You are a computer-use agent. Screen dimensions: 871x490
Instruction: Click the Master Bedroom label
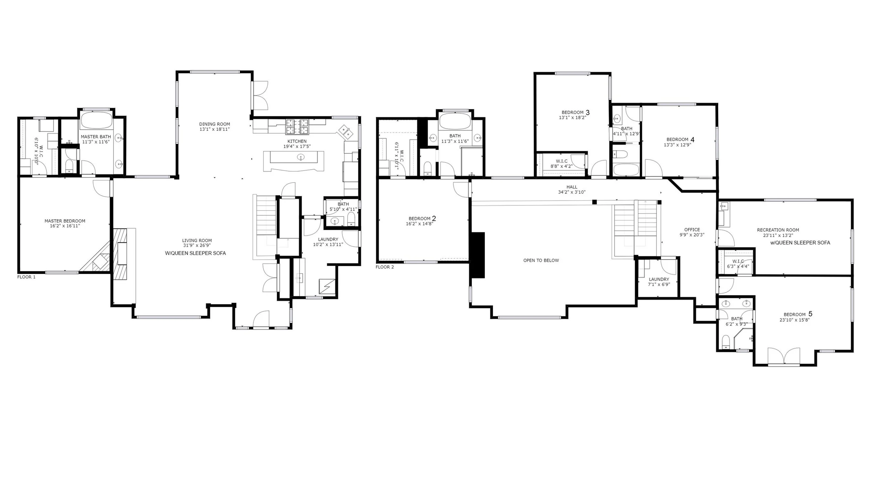65,221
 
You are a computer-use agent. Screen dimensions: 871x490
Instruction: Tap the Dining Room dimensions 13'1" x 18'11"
215,129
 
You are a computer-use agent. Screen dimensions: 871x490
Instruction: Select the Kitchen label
297,141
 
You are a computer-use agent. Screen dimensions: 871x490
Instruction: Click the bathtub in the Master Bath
97,121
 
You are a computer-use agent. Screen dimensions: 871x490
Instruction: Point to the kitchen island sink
301,157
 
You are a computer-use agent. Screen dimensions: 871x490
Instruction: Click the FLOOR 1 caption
26,277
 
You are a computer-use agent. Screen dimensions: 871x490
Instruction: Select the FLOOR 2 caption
385,267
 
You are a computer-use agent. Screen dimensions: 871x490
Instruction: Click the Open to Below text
541,260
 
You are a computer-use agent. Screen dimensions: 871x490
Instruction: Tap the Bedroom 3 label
575,112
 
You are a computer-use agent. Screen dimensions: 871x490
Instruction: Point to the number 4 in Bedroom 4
693,139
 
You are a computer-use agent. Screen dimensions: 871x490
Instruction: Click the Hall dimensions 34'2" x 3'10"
572,192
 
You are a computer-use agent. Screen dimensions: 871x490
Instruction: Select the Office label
692,230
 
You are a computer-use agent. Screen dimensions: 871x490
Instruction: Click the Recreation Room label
778,230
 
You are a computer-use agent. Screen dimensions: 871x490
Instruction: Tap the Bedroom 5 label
798,314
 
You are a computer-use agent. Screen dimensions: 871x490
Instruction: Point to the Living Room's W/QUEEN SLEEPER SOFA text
196,253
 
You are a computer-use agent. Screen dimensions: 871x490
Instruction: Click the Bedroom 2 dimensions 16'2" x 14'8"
419,224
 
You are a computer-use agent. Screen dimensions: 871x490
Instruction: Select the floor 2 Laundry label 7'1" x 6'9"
659,282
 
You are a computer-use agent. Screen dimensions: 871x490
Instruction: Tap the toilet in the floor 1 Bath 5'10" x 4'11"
351,219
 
